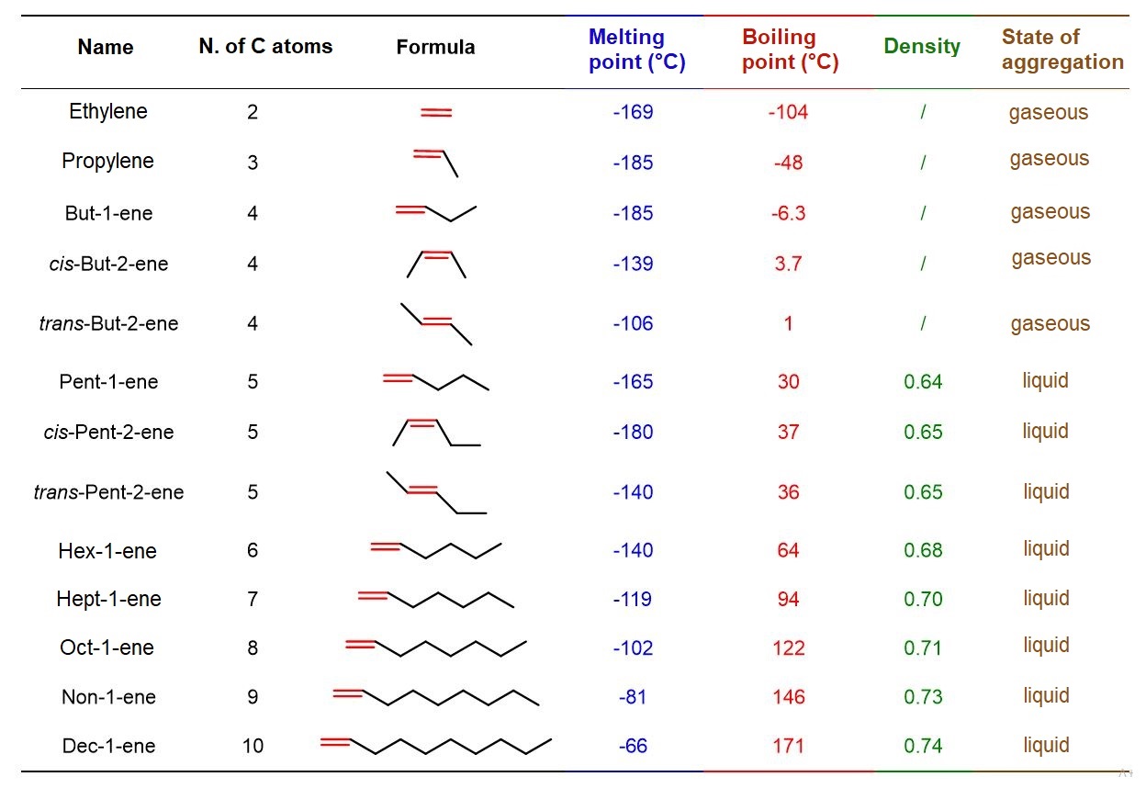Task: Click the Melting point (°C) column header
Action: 637,49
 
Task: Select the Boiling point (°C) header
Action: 791,49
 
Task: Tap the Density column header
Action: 922,47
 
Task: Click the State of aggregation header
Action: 1062,49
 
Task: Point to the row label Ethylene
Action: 108,111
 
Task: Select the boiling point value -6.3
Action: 789,213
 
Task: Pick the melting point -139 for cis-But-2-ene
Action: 633,264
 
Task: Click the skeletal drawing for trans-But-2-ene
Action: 436,324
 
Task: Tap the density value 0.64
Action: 923,381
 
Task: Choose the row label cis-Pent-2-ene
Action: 108,433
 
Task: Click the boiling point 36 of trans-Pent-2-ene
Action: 789,491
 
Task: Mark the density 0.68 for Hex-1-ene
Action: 923,550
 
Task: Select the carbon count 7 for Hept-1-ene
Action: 253,599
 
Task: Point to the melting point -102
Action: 633,647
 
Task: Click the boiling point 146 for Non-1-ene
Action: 789,696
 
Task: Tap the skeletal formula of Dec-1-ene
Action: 436,745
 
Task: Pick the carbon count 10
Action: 253,746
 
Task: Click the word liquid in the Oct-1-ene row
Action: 1046,646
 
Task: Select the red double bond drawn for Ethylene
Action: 436,112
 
